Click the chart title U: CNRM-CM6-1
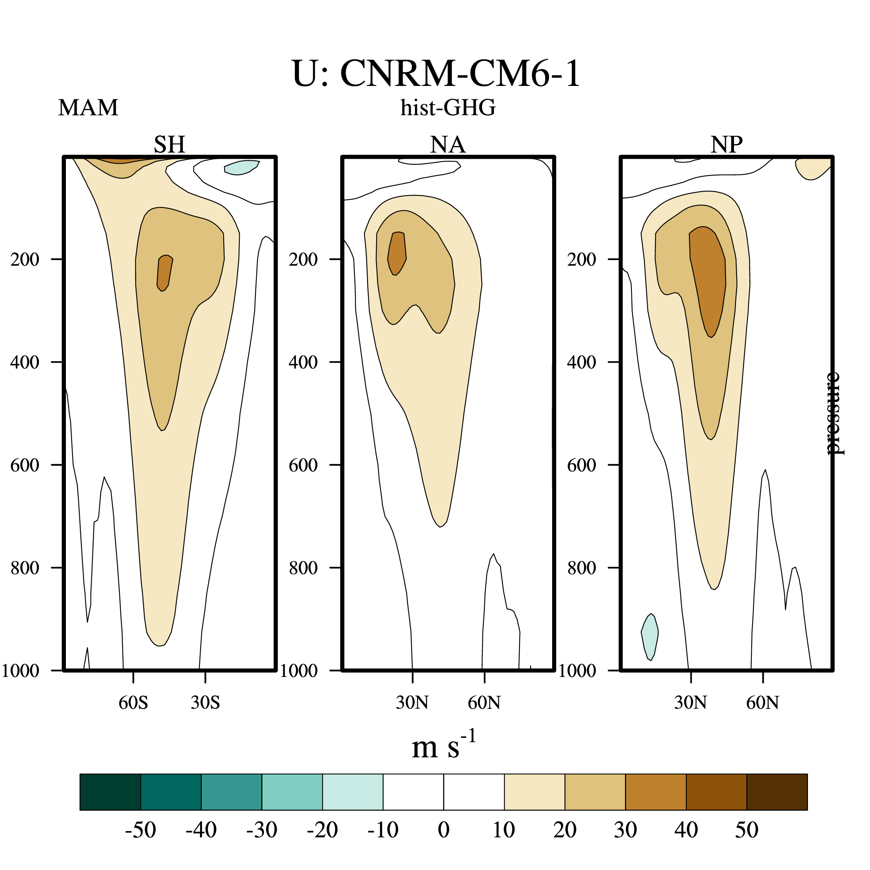pos(436,74)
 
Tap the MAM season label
pos(88,107)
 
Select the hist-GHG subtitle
pos(448,107)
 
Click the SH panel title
pos(169,144)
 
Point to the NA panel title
pos(448,144)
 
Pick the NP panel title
pos(726,144)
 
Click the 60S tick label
pos(133,702)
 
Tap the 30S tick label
pos(205,702)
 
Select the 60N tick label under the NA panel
pos(484,702)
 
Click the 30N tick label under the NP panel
pos(690,702)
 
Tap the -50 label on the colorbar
pos(141,830)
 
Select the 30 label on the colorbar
pos(625,830)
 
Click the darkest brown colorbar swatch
pos(777,792)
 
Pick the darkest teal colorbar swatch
pos(110,792)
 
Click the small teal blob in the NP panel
pos(649,637)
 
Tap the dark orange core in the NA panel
pos(397,254)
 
